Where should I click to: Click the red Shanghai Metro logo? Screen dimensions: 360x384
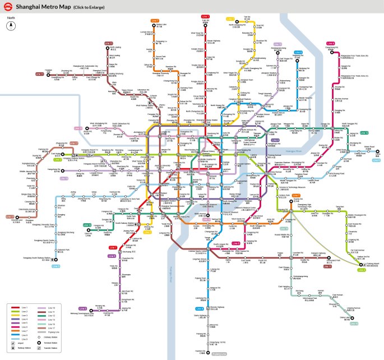[x=7, y=7]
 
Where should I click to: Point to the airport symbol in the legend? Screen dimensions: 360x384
[x=12, y=341]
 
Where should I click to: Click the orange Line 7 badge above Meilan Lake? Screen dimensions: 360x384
[x=155, y=21]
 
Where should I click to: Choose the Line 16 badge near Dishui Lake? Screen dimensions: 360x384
[x=354, y=323]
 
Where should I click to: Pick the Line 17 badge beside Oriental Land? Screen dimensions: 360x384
[x=10, y=216]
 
